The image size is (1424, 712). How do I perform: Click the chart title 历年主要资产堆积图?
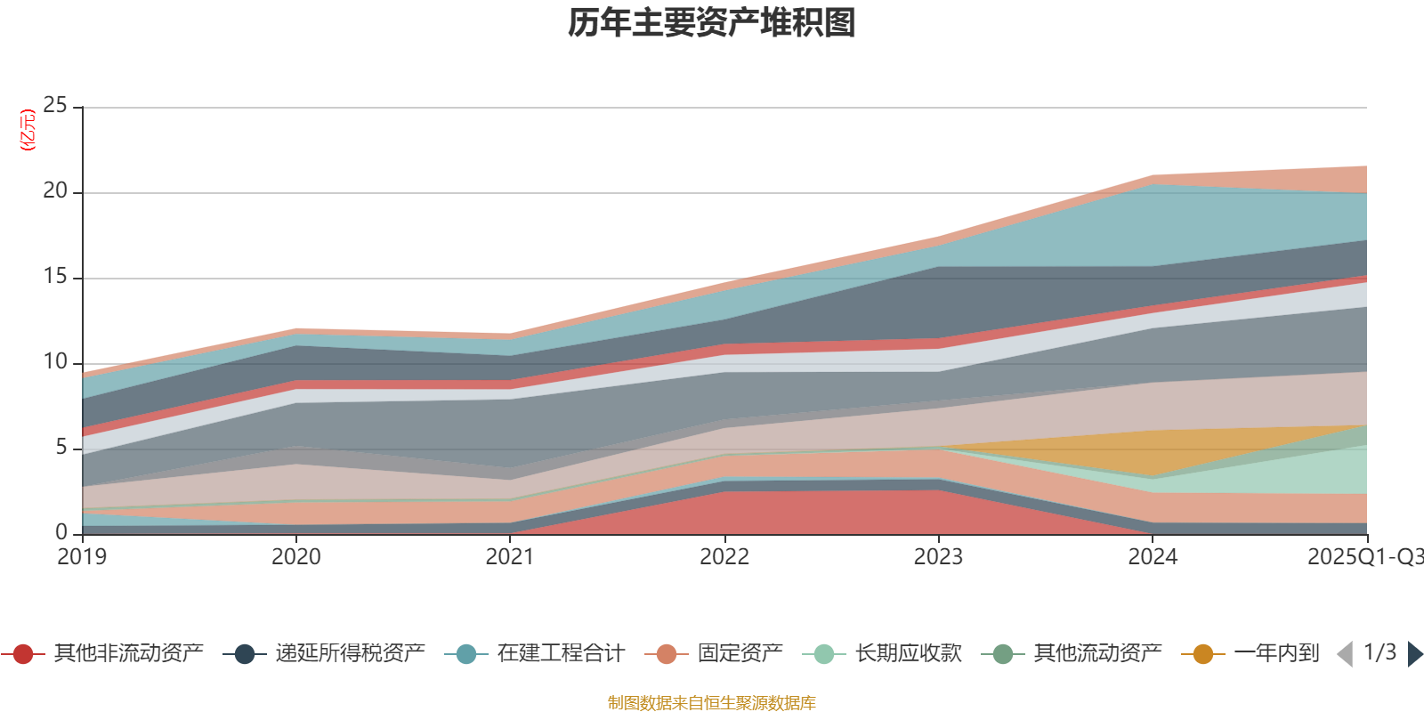(712, 23)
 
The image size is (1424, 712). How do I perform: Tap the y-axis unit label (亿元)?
(28, 130)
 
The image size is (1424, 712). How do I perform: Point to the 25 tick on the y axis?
(55, 106)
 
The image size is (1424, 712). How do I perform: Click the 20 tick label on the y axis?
(55, 191)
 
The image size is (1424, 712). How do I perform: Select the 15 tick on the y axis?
(55, 277)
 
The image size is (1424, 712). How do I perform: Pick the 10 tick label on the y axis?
(55, 362)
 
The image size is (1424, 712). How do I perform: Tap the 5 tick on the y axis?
(61, 448)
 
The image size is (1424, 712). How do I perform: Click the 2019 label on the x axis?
(82, 557)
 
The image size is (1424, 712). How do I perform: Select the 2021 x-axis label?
(510, 557)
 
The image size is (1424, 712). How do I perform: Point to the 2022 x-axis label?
(724, 557)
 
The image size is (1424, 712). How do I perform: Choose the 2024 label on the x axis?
(1153, 557)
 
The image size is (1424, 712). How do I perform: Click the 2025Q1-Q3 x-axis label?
(1364, 557)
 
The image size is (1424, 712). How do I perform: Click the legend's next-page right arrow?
(1414, 654)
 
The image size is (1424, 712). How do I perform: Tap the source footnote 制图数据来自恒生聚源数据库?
(712, 703)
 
